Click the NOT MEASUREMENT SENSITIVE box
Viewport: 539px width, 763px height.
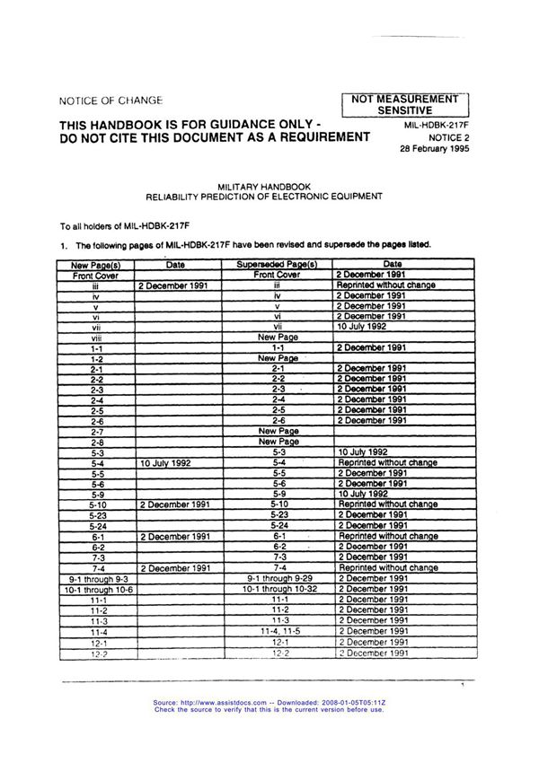pyautogui.click(x=404, y=103)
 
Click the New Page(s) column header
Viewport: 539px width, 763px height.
pyautogui.click(x=96, y=265)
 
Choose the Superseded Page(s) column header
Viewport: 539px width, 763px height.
pyautogui.click(x=278, y=265)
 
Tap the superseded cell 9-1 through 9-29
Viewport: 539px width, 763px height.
pyautogui.click(x=278, y=579)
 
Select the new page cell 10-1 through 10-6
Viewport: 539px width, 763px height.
pyautogui.click(x=97, y=590)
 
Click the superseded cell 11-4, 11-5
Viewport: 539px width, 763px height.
pyautogui.click(x=278, y=632)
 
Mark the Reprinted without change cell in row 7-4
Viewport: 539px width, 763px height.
pyautogui.click(x=388, y=568)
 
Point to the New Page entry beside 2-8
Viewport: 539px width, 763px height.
pyautogui.click(x=278, y=442)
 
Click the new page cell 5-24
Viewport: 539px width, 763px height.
pyautogui.click(x=97, y=525)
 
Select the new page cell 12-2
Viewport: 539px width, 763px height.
pyautogui.click(x=97, y=653)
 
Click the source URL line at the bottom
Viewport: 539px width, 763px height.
pyautogui.click(x=269, y=703)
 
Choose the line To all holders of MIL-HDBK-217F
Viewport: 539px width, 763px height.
pyautogui.click(x=117, y=226)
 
